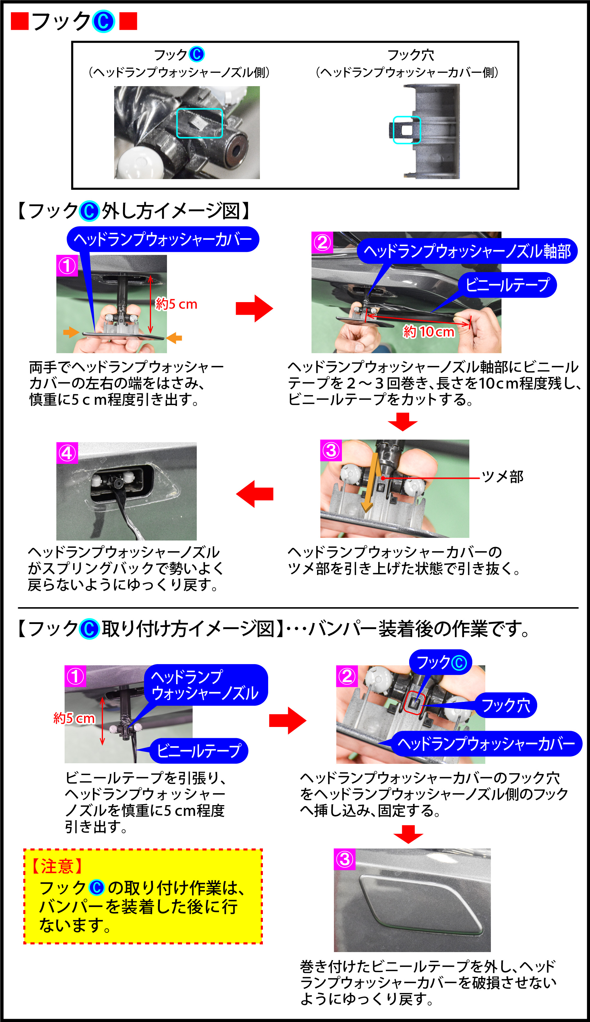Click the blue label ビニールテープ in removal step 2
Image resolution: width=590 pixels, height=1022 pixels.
[x=507, y=285]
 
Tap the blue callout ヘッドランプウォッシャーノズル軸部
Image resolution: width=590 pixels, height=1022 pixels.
[x=467, y=251]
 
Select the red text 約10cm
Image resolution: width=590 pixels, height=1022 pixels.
[x=429, y=332]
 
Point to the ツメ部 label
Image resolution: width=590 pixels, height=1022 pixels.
[x=502, y=476]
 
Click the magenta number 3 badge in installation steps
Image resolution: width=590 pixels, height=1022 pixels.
[x=345, y=859]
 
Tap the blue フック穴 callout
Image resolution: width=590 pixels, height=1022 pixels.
[x=506, y=705]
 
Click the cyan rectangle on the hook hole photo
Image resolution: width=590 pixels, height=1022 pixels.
[x=407, y=130]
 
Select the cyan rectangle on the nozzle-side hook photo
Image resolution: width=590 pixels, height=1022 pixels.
[x=200, y=123]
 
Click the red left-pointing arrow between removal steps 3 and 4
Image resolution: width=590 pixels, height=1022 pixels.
[x=255, y=494]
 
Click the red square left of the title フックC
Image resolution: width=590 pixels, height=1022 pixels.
[x=19, y=21]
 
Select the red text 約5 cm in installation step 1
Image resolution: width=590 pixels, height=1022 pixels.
[x=74, y=718]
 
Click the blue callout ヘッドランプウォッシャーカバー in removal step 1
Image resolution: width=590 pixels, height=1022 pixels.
[x=163, y=239]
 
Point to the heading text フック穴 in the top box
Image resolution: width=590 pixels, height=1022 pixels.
[x=411, y=55]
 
